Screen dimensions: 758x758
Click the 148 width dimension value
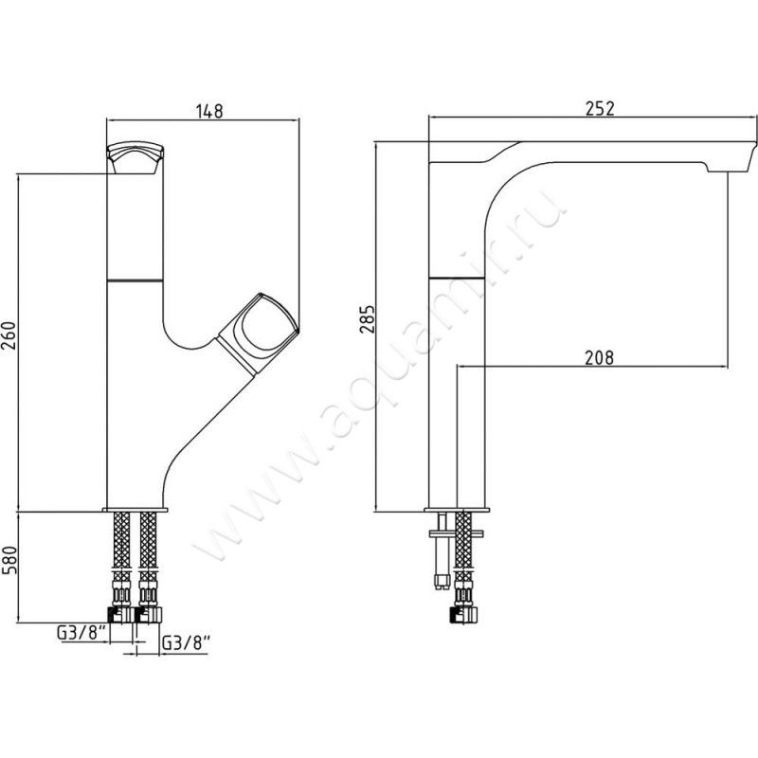(209, 111)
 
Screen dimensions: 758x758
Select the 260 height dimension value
(9, 335)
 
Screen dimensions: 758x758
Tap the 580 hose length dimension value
(9, 560)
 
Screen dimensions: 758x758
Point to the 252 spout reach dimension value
(600, 108)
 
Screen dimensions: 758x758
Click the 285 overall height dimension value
(368, 318)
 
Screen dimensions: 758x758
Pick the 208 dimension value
(599, 358)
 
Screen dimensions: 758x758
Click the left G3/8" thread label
(81, 633)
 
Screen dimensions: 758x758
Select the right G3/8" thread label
(186, 643)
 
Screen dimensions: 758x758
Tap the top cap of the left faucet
(135, 158)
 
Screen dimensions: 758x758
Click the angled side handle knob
(257, 334)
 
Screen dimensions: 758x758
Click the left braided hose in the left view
(121, 548)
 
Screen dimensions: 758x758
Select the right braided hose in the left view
(148, 548)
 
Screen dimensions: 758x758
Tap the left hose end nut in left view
(119, 614)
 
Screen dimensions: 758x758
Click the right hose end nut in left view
(148, 614)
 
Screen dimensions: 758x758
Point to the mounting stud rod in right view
(442, 551)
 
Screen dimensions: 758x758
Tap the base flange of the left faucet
(135, 510)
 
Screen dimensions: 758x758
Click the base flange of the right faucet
(457, 510)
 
